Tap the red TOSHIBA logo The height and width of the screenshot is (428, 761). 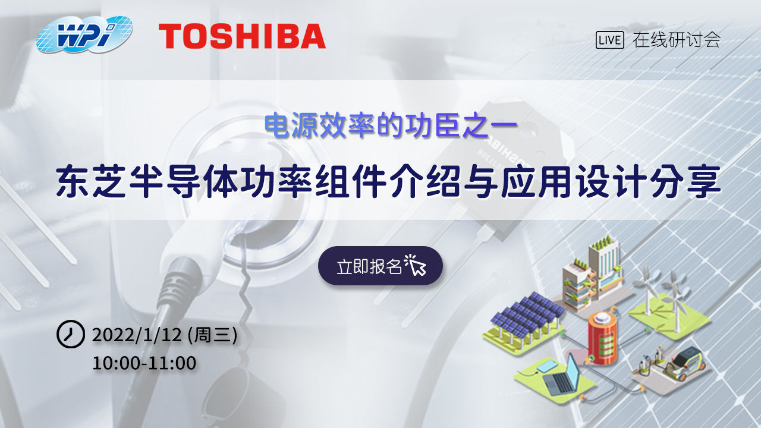point(242,36)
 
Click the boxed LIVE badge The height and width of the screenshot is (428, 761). point(609,40)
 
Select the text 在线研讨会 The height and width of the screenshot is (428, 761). point(677,40)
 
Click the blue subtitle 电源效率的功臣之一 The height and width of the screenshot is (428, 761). point(392,125)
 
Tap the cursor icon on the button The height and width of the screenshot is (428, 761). point(416,265)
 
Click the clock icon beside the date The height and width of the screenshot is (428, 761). point(70,335)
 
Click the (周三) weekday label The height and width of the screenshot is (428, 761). point(212,335)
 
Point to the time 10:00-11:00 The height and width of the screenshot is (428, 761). point(144,363)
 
